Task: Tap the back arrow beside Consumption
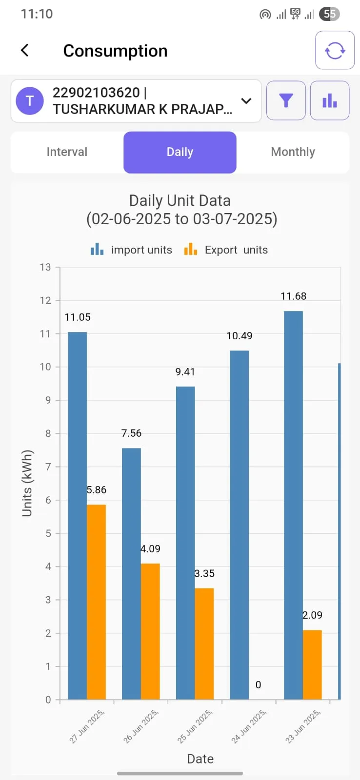pos(25,50)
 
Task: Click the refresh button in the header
pos(335,50)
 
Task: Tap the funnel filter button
pos(286,100)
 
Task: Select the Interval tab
pos(67,152)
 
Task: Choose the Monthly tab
pos(293,152)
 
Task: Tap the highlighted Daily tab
pos(180,152)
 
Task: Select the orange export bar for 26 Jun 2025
pos(150,631)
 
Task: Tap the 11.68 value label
pos(293,296)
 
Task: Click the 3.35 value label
pos(204,574)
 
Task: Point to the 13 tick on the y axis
pos(45,267)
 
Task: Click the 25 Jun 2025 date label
pos(195,726)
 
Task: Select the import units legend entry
pos(132,250)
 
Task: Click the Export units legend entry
pos(226,250)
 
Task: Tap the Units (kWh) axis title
pos(27,483)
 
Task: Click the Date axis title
pos(200,759)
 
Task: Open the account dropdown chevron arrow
pos(246,101)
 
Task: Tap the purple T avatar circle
pos(30,101)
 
